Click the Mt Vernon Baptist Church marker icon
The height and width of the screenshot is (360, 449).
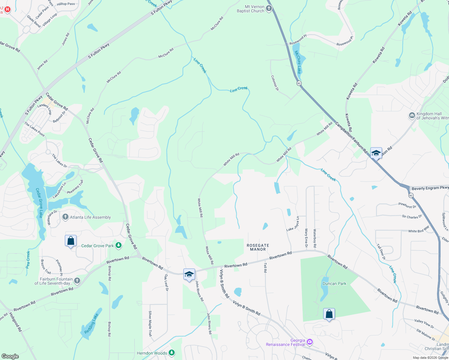269,9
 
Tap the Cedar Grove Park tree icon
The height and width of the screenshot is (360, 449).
119,246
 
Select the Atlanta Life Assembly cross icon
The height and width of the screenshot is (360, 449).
65,217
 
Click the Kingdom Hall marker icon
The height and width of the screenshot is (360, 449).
412,115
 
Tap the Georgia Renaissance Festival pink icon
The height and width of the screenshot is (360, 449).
310,342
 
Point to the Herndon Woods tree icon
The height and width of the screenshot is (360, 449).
172,353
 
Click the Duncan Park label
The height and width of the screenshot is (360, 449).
334,283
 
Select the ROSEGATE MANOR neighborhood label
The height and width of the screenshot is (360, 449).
258,247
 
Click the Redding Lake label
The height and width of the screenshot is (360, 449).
91,323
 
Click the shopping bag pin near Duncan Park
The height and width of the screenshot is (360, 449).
329,314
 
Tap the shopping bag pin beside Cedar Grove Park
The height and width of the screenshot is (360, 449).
71,241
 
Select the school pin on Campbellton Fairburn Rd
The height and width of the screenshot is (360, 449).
376,153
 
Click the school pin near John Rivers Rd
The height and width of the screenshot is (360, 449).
189,274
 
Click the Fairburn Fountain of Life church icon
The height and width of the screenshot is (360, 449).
77,281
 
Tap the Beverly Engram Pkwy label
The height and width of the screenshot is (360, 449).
430,188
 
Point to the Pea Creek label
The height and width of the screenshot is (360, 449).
28,259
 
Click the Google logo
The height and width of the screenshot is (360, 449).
10,356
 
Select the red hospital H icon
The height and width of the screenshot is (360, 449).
7,9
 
